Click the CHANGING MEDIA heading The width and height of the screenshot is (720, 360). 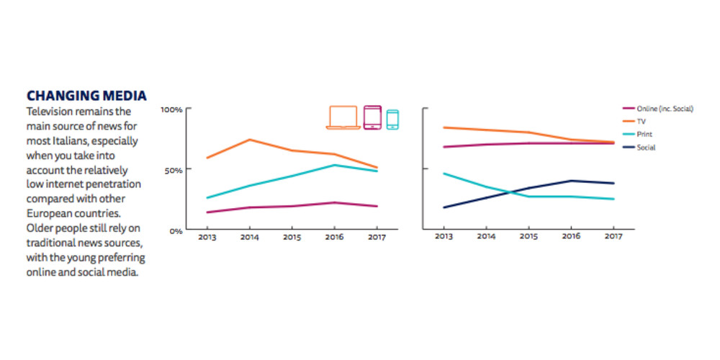[x=86, y=96]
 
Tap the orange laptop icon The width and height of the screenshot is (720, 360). [x=343, y=117]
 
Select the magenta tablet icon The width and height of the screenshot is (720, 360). [x=372, y=117]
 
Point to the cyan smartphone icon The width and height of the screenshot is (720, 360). [x=392, y=120]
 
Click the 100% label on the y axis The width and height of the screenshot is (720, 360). [x=172, y=109]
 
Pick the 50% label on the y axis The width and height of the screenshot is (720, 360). [x=174, y=170]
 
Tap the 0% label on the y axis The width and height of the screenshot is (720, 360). [x=176, y=231]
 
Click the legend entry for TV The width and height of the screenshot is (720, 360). [x=642, y=122]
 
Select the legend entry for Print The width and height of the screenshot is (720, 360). [x=644, y=135]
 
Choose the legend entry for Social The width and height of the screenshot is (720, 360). [x=645, y=148]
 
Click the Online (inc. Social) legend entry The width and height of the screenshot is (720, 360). [x=664, y=109]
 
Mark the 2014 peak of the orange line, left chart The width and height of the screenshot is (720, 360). [x=249, y=140]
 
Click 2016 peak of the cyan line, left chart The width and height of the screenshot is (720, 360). [x=334, y=165]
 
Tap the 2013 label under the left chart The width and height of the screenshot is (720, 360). [x=207, y=237]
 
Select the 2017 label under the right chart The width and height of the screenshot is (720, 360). [x=613, y=237]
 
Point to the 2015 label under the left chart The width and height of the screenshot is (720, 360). [x=292, y=237]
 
